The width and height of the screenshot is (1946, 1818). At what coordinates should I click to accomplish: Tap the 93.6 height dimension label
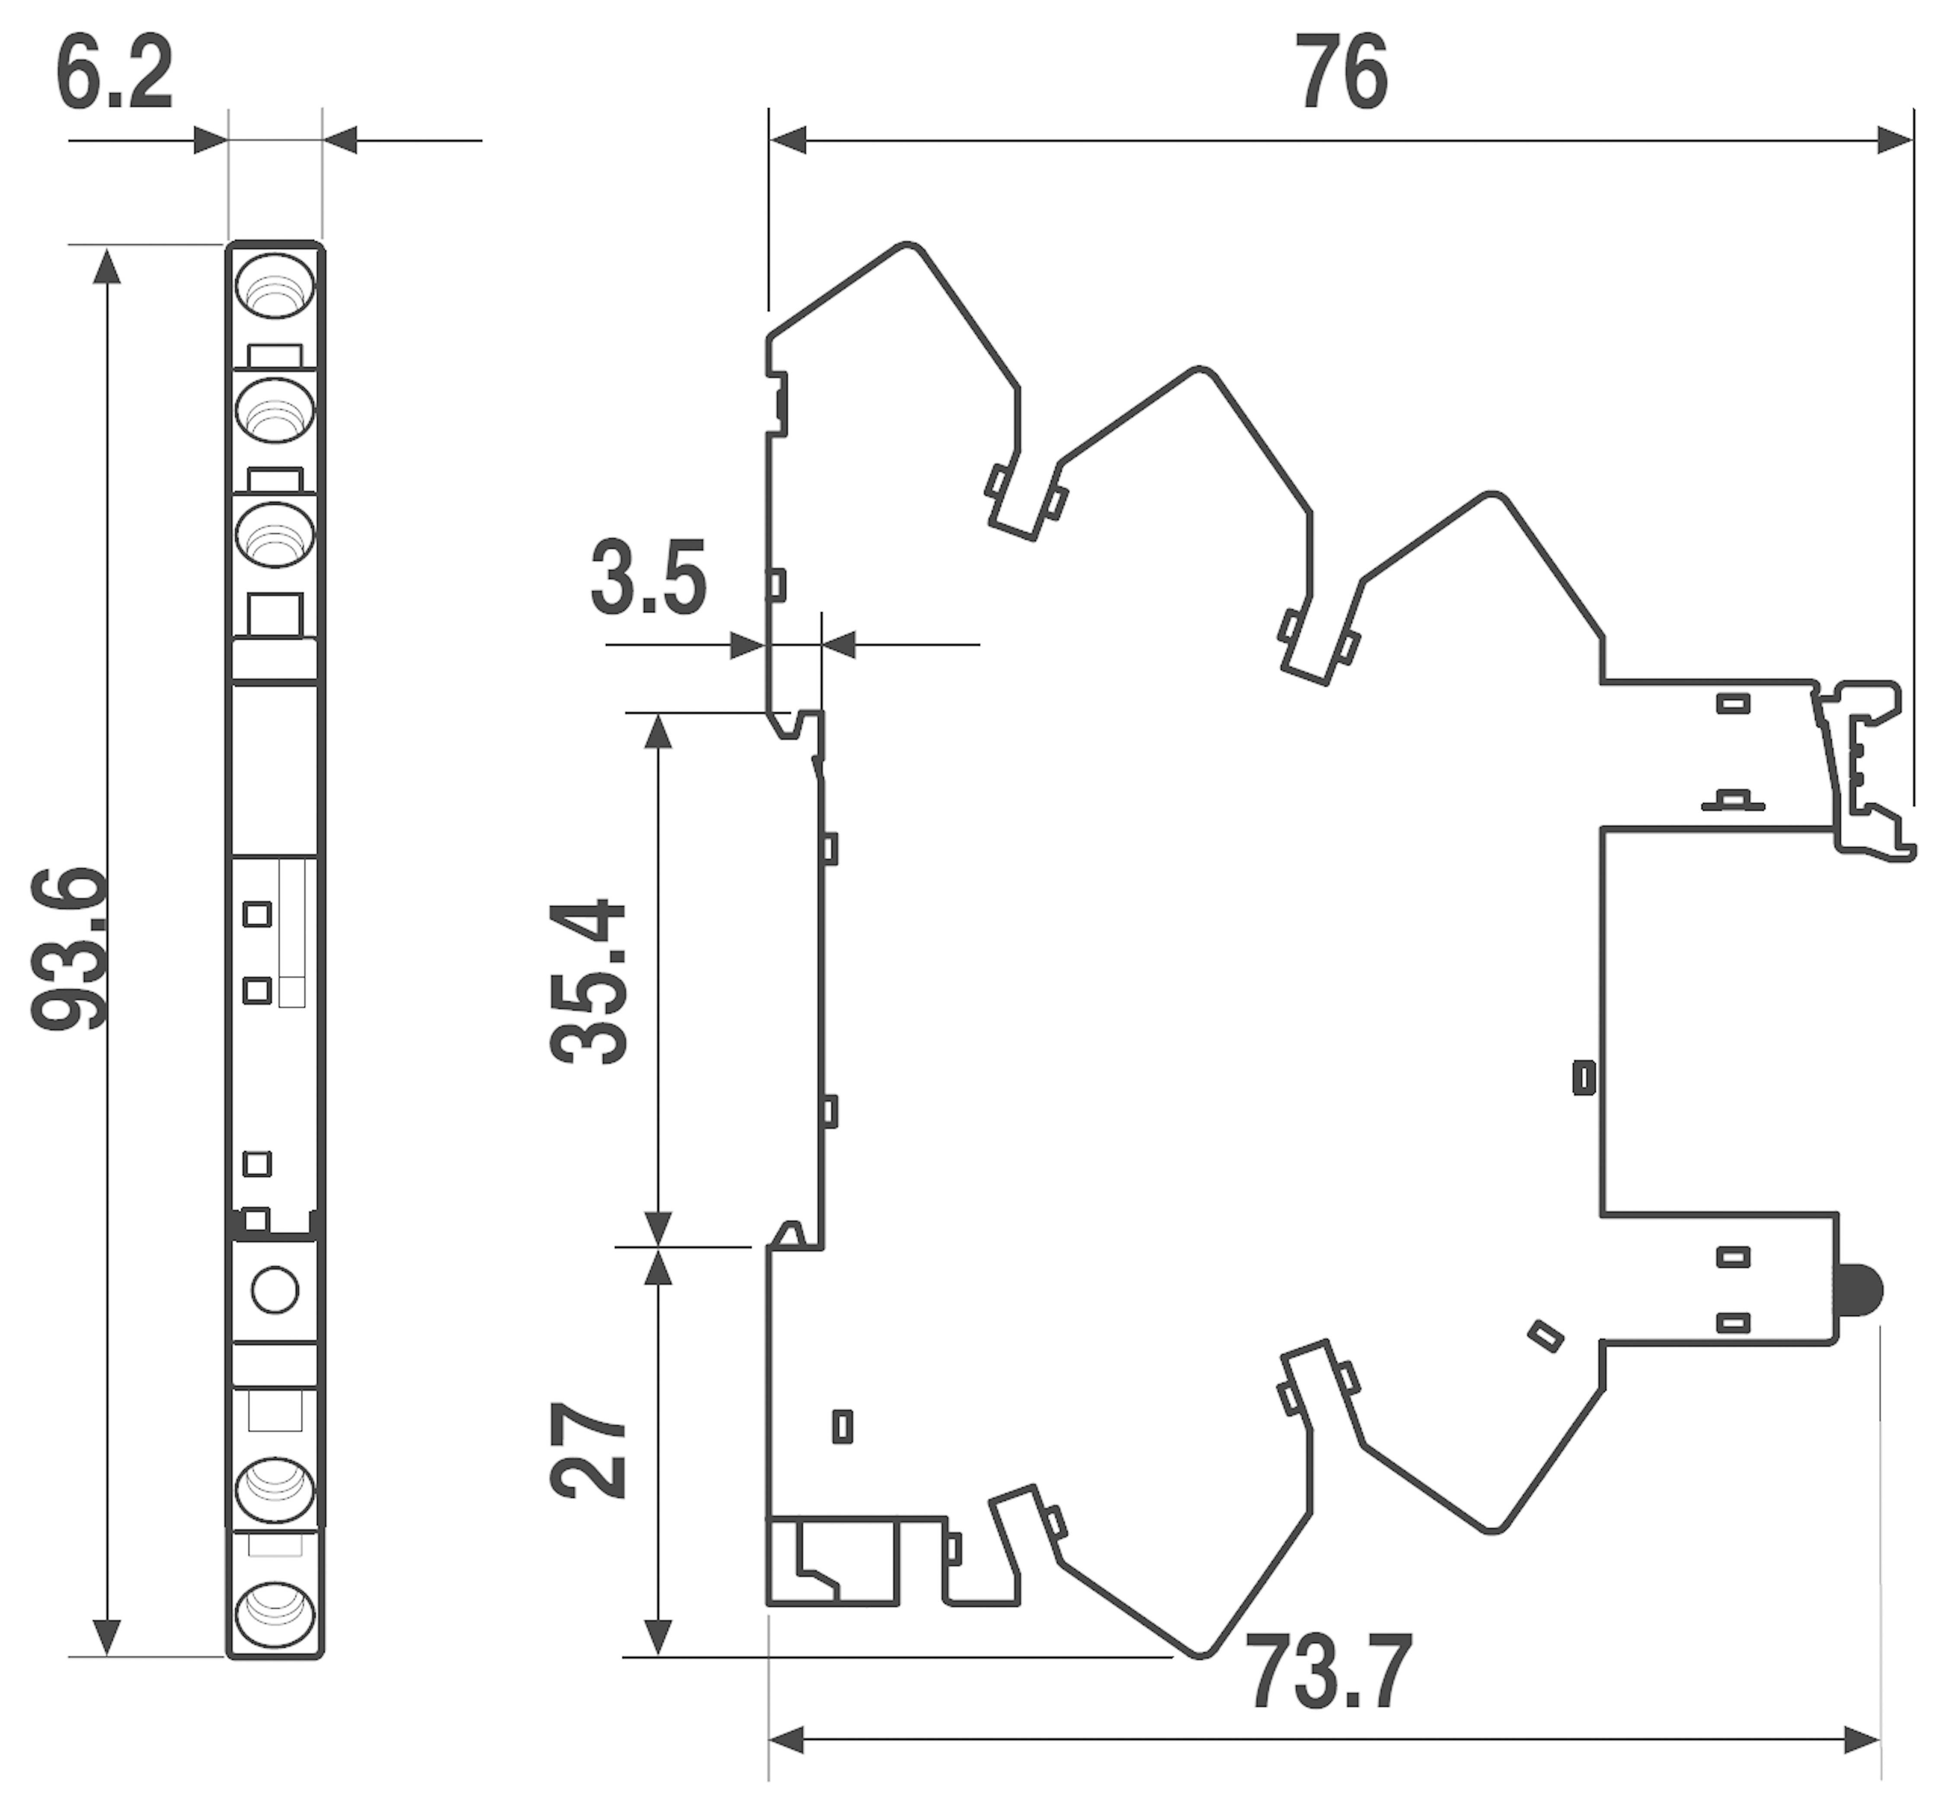[68, 948]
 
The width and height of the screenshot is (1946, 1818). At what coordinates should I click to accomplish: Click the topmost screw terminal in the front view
[275, 286]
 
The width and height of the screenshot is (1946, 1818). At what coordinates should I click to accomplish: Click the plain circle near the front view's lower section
[275, 1290]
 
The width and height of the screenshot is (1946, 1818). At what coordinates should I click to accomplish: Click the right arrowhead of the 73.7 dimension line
[1862, 1741]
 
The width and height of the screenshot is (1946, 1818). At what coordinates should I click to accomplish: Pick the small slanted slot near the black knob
[1546, 1336]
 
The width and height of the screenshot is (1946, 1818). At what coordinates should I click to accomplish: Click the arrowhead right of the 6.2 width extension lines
[339, 140]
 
